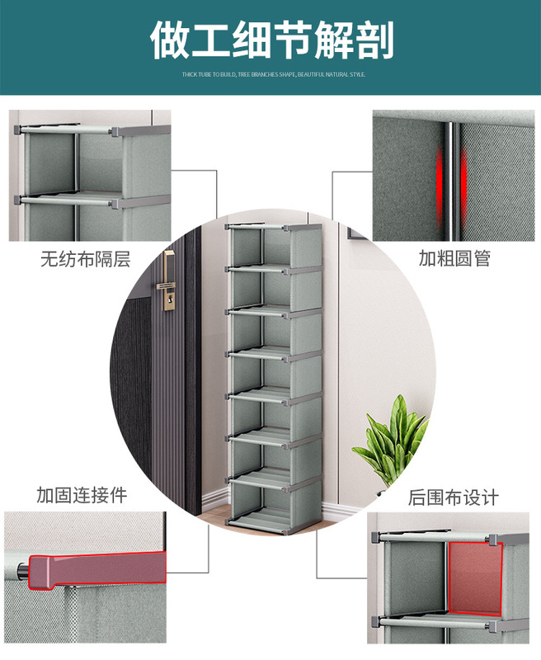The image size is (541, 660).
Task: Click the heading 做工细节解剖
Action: click(271, 40)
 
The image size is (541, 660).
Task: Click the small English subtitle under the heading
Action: click(273, 74)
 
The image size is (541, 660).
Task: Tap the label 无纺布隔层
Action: click(85, 259)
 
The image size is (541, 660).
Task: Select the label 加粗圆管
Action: click(454, 259)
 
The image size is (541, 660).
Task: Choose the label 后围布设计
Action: click(454, 498)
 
